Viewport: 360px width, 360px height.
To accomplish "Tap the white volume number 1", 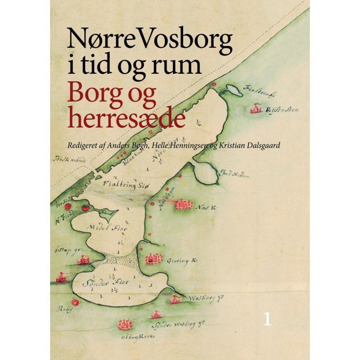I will tap(267, 319).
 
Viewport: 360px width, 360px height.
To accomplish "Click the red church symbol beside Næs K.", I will tap(184, 205).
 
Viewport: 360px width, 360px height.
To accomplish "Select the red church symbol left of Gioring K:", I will tap(154, 259).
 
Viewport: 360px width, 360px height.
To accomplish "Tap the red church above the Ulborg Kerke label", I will tap(124, 325).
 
